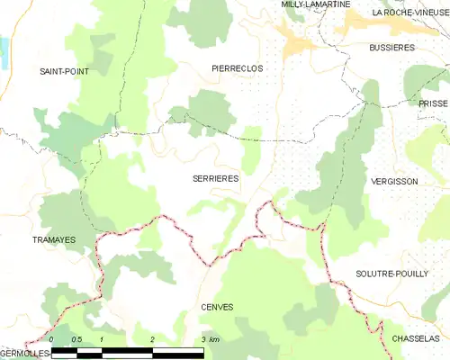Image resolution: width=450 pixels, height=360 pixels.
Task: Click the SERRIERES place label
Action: (216, 179)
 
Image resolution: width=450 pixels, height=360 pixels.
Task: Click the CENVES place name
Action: (217, 307)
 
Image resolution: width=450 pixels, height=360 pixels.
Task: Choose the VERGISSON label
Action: (394, 181)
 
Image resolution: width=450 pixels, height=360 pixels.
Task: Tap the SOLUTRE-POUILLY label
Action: (391, 273)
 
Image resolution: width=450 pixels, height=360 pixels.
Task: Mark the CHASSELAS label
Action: (416, 338)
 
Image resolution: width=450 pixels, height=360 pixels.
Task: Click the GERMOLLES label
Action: (24, 355)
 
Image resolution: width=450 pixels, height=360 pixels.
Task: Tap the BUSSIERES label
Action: (391, 46)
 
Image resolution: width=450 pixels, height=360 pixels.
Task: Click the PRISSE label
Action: (432, 103)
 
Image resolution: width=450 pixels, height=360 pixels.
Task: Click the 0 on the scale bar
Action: (52, 339)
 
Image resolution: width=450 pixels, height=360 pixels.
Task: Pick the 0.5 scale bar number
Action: (76, 339)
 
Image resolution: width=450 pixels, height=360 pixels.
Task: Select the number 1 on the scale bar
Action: (103, 339)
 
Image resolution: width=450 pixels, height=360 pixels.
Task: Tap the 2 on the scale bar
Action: (153, 339)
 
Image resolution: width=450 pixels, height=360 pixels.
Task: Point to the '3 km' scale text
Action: (211, 339)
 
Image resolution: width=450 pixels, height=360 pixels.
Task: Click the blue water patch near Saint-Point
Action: (3, 49)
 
